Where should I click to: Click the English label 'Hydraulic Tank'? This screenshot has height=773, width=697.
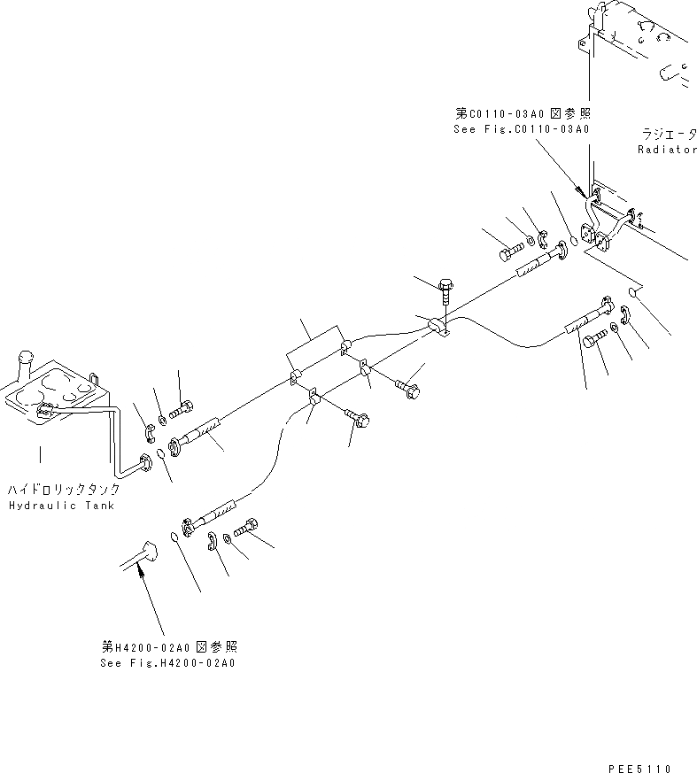point(61,505)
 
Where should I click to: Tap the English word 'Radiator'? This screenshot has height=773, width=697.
point(667,150)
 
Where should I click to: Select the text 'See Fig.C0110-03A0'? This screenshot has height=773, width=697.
point(522,129)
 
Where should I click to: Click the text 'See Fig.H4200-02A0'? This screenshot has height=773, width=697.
point(167,662)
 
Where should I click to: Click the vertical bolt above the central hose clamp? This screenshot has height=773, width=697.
point(444,291)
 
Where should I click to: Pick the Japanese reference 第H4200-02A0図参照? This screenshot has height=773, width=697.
point(168,647)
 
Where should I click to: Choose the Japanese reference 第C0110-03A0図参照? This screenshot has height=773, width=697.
point(523,114)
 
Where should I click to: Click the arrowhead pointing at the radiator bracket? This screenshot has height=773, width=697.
point(579,192)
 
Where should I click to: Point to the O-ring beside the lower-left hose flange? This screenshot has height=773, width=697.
point(174,535)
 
